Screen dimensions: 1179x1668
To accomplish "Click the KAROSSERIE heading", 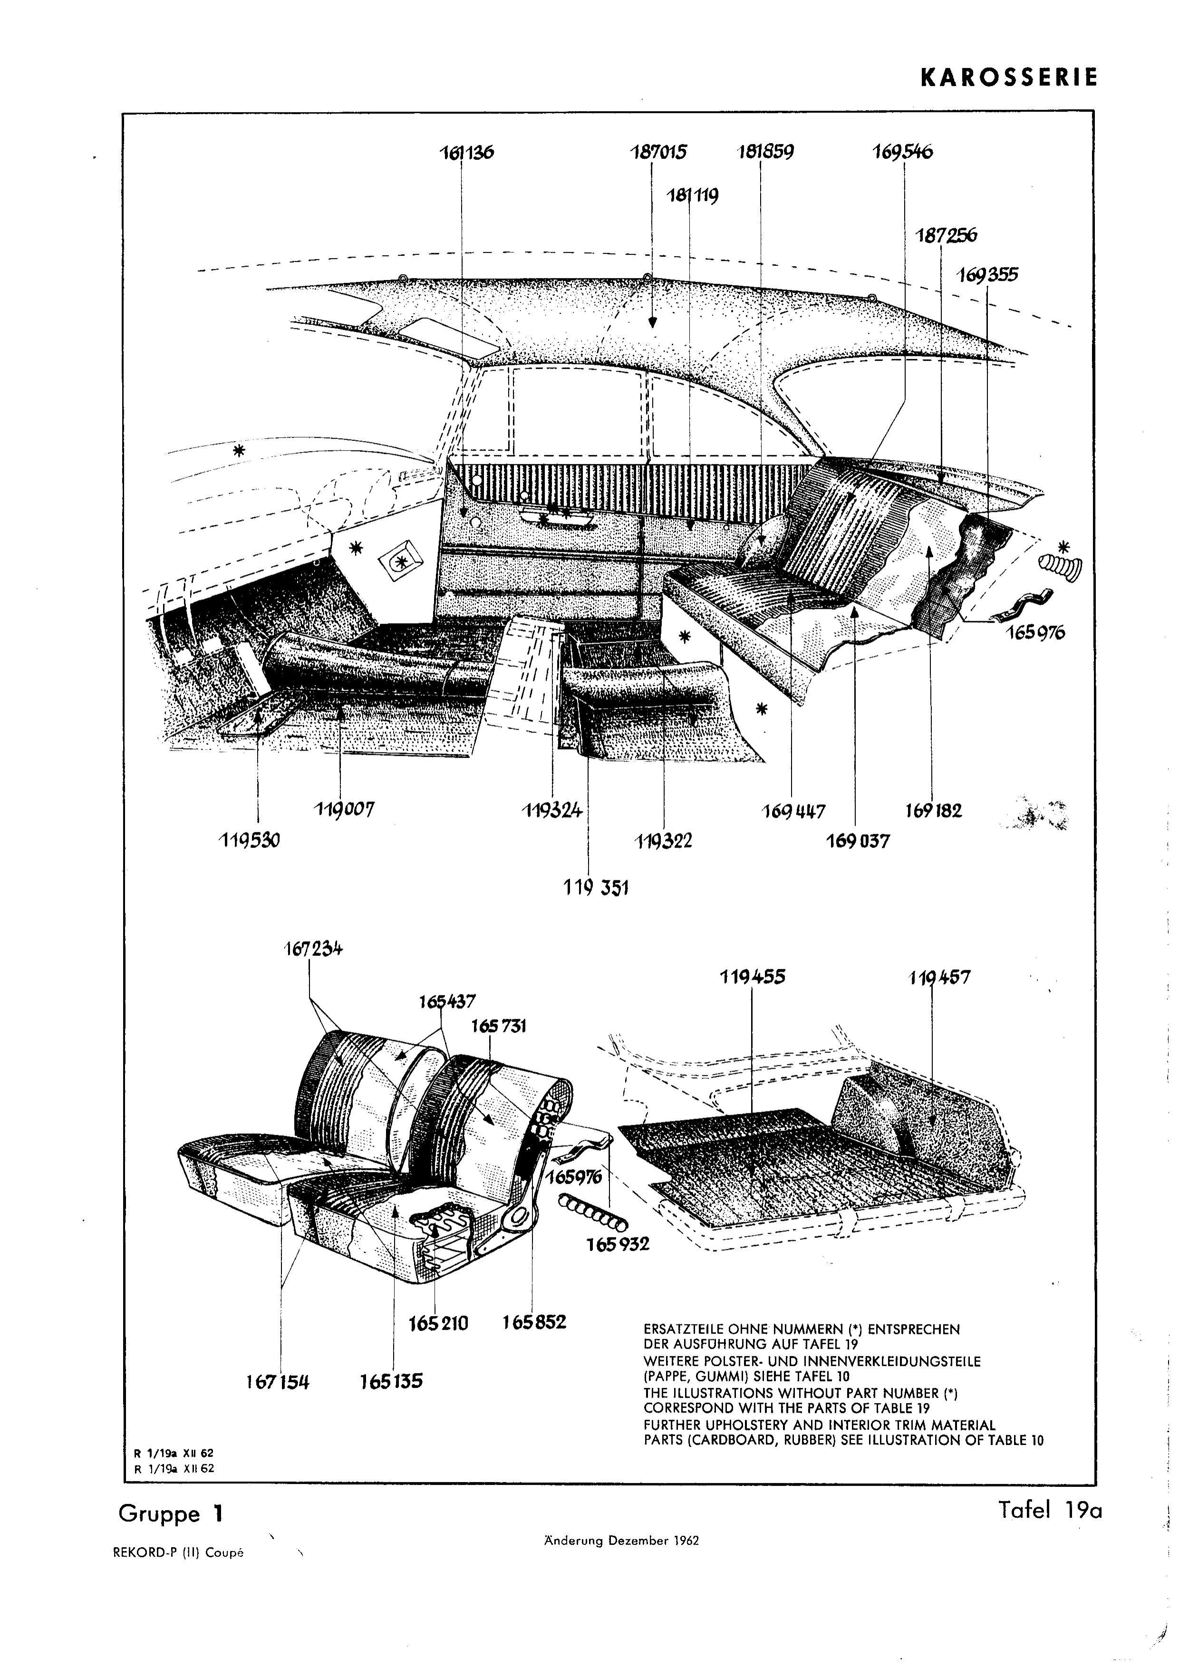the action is click(x=1009, y=78).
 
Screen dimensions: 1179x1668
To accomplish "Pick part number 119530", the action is click(x=249, y=840).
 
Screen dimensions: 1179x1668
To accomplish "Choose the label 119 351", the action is click(x=596, y=888).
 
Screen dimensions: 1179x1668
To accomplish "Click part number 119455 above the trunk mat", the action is click(x=753, y=977).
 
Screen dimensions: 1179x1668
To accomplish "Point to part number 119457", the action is click(x=939, y=978).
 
